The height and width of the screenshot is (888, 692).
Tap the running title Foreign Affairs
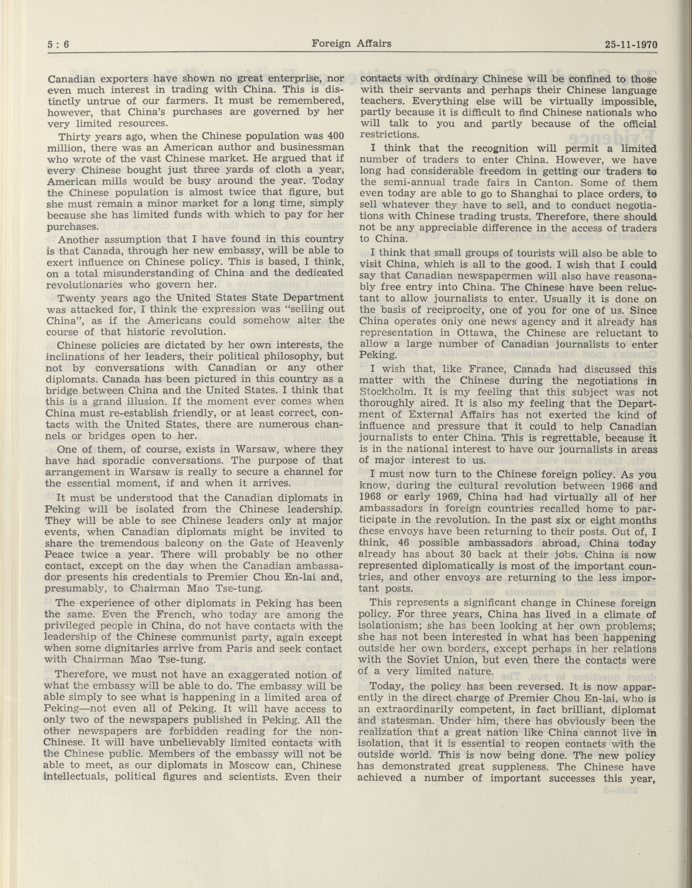point(351,43)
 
